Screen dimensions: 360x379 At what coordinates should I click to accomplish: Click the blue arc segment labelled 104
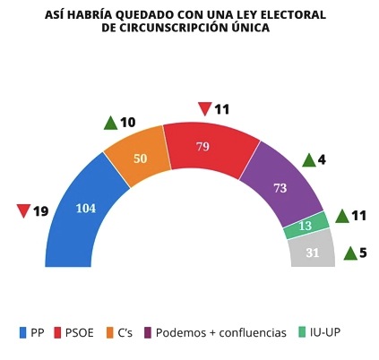[x=85, y=208]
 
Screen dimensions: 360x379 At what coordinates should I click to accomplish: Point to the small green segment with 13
[x=305, y=227]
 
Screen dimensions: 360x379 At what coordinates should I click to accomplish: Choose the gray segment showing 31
[x=312, y=252]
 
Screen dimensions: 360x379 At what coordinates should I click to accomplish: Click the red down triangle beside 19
[x=24, y=212]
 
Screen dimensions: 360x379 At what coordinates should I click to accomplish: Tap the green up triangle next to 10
[x=111, y=123]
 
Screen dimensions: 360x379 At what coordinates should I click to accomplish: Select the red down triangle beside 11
[x=204, y=110]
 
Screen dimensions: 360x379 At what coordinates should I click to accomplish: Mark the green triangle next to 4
[x=308, y=160]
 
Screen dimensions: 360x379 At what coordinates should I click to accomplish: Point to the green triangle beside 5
[x=349, y=253]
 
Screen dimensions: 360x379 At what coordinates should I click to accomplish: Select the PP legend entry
[x=31, y=332]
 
